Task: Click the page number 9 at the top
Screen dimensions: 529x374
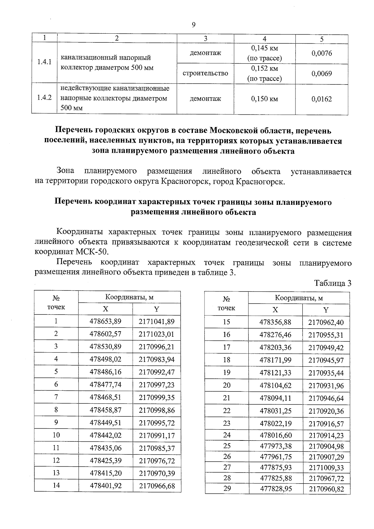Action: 194,25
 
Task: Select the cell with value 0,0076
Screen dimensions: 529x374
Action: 322,53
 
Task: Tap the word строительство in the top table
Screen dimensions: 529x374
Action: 205,73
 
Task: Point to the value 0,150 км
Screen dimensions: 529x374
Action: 264,99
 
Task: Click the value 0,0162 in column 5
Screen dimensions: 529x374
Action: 322,99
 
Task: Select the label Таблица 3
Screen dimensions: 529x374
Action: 333,283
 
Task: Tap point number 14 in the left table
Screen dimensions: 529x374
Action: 56,485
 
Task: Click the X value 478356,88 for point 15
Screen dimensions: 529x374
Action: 275,322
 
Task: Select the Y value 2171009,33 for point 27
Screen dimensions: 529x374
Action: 326,468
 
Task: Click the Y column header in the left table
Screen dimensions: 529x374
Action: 156,309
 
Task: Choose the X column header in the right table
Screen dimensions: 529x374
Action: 275,310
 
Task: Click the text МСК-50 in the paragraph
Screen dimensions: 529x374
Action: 93,252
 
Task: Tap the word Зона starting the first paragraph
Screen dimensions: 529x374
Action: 65,171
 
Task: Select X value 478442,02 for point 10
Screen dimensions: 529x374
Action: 105,435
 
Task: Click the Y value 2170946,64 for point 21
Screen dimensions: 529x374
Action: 326,398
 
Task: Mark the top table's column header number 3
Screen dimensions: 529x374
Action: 205,38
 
